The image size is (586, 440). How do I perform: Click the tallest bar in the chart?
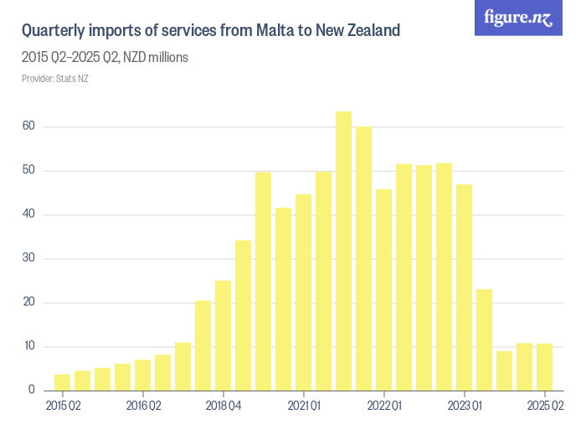click(x=343, y=251)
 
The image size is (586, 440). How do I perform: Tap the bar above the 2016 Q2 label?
click(x=142, y=375)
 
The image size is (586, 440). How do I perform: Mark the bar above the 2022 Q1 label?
click(x=383, y=290)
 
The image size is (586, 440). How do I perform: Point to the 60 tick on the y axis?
click(x=29, y=127)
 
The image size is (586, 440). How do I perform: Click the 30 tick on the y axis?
click(x=29, y=258)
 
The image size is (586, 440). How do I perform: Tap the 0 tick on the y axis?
click(x=32, y=390)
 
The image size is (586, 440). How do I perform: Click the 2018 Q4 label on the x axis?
click(x=223, y=406)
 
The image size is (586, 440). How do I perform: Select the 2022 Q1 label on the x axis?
click(x=383, y=406)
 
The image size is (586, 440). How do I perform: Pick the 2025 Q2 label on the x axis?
click(x=544, y=406)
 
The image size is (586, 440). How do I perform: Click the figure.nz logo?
click(x=518, y=18)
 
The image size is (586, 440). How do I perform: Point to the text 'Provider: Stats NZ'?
click(x=55, y=79)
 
